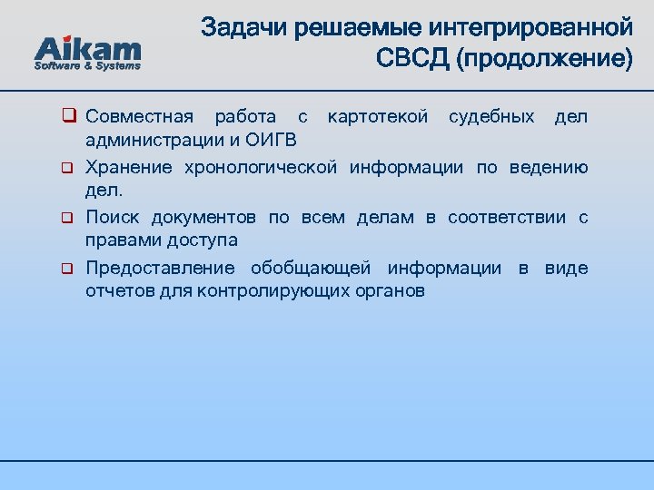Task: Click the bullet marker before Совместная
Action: pyautogui.click(x=67, y=117)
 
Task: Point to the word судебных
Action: pyautogui.click(x=491, y=117)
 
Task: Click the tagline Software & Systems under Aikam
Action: pyautogui.click(x=87, y=66)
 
